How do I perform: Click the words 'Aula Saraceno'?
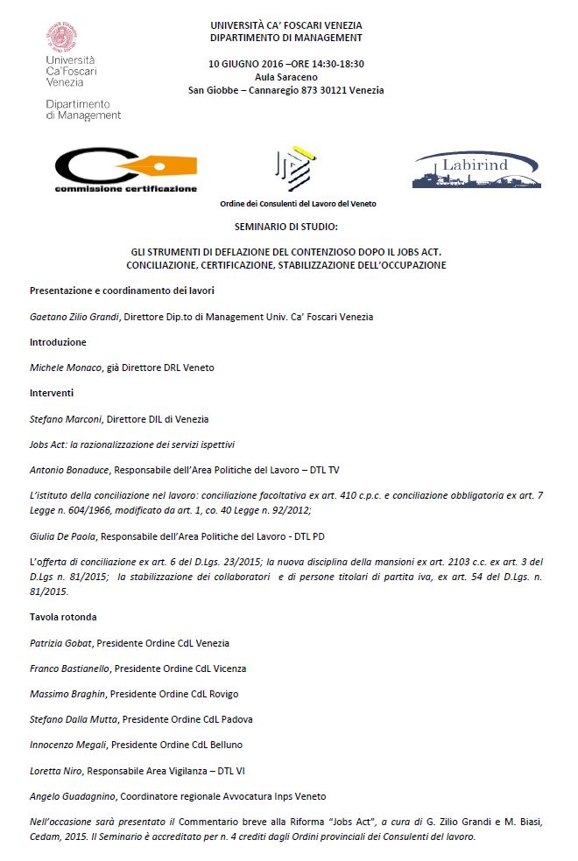click(x=285, y=77)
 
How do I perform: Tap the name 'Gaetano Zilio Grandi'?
click(x=71, y=317)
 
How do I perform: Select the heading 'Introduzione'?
click(x=59, y=342)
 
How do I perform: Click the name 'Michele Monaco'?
click(x=63, y=367)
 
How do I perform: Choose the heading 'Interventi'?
click(x=52, y=393)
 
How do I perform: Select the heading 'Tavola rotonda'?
click(x=64, y=617)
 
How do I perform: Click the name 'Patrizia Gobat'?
click(x=61, y=643)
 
